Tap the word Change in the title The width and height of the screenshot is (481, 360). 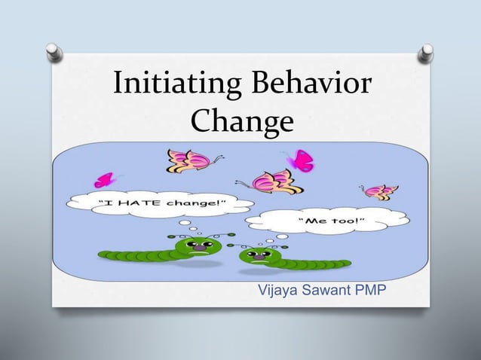tap(241, 121)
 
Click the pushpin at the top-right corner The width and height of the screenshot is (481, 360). tap(426, 53)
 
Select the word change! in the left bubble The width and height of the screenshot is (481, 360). tap(198, 201)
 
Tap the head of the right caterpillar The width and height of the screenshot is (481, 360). tap(256, 258)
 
